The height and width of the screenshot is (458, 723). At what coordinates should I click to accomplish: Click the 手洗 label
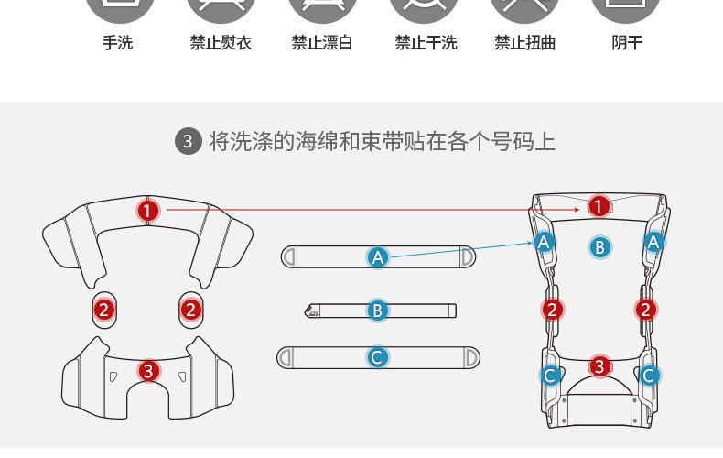[117, 43]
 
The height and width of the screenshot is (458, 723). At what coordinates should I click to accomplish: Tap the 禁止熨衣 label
[221, 43]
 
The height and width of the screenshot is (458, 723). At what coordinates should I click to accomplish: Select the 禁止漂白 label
[322, 43]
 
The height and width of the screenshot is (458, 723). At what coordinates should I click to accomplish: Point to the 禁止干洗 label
[426, 43]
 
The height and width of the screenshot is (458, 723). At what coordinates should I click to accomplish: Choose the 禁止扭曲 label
[525, 43]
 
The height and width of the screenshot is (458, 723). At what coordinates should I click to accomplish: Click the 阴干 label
[627, 43]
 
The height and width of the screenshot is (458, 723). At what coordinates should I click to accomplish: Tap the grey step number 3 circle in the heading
[188, 141]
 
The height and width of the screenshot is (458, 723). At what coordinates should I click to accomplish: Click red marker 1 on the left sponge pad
[148, 211]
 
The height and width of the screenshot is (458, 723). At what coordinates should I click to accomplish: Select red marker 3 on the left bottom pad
[148, 371]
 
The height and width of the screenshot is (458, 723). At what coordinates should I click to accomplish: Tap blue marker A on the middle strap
[377, 257]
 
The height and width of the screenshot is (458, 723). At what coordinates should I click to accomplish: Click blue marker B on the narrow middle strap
[377, 311]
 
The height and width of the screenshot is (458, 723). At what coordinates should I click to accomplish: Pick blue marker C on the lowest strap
[377, 357]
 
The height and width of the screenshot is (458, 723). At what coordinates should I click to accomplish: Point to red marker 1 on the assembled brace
[599, 207]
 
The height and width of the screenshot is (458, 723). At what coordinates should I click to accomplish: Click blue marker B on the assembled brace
[599, 246]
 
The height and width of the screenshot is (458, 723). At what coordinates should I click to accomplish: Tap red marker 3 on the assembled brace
[599, 366]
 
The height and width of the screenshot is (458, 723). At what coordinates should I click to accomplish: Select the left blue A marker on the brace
[545, 242]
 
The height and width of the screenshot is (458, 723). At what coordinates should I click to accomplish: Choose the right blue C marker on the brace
[649, 376]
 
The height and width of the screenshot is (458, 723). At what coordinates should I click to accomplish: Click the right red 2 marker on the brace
[646, 310]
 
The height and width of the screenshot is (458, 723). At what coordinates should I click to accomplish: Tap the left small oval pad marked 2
[104, 310]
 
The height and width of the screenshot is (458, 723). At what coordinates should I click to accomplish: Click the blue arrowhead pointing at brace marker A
[532, 243]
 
